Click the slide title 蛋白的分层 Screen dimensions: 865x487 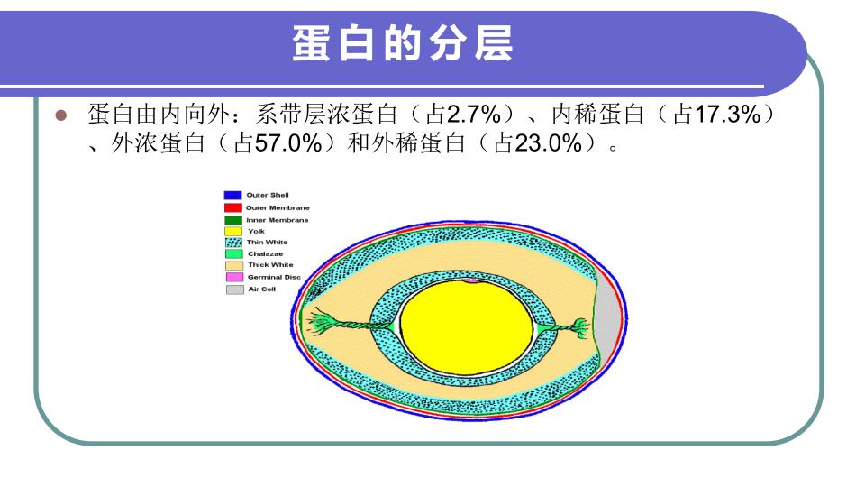403,43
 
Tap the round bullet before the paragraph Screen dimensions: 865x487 61,115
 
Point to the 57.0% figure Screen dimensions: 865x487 288,143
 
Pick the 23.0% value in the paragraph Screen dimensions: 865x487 548,143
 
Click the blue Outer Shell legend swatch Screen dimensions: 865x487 232,195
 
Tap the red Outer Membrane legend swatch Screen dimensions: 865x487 232,207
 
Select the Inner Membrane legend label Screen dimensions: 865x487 278,220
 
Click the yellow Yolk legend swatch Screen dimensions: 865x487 233,232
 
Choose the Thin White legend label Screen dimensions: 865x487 267,242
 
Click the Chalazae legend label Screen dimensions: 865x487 265,254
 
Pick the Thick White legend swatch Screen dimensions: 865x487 234,265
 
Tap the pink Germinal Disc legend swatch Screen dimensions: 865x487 234,277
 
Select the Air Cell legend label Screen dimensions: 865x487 261,289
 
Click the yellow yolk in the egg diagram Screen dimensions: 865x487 467,326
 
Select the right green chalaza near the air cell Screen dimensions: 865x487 562,328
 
